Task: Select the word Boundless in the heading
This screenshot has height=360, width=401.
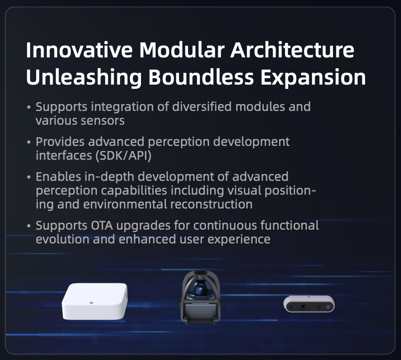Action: click(201, 77)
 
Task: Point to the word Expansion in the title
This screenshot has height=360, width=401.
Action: click(313, 77)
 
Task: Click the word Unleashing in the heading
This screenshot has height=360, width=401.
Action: click(84, 77)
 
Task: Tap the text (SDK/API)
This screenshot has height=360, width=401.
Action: click(123, 155)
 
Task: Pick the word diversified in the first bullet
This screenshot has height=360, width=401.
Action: click(202, 107)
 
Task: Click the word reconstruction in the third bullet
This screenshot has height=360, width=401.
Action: click(211, 204)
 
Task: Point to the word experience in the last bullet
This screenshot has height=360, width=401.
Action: click(239, 240)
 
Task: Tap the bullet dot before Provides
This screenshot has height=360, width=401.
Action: click(28, 142)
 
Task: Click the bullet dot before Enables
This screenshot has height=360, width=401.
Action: click(28, 177)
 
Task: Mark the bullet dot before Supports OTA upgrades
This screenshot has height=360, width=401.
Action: click(28, 226)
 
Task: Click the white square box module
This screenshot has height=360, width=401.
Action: click(95, 301)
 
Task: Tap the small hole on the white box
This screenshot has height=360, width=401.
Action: click(91, 303)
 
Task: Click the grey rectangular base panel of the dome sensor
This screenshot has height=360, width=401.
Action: click(201, 311)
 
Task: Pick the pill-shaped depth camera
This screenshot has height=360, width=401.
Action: click(309, 304)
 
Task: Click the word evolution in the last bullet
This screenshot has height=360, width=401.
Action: click(63, 240)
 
